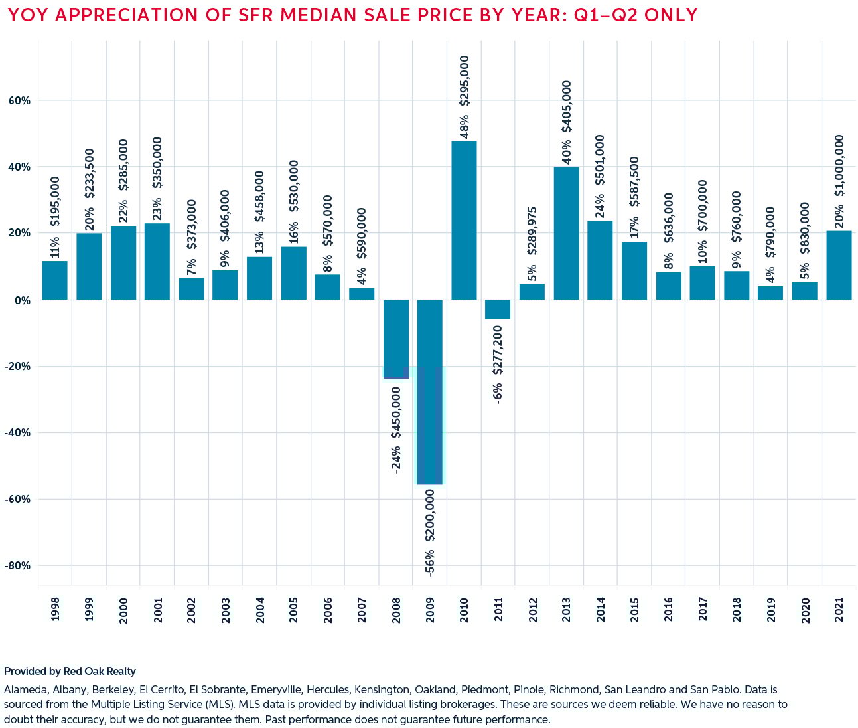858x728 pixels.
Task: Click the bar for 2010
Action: coord(464,220)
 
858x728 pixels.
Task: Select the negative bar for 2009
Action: coord(430,392)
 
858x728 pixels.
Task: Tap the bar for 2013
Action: coord(567,233)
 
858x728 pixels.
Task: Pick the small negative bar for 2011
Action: coord(498,310)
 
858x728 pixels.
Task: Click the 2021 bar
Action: coord(839,265)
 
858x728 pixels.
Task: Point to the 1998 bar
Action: coord(54,280)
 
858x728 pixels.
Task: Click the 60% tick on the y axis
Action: coord(19,101)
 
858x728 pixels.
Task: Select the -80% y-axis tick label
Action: coord(18,566)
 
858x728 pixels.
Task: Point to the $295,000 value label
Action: coord(465,80)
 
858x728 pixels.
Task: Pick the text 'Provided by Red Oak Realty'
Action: coord(70,672)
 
